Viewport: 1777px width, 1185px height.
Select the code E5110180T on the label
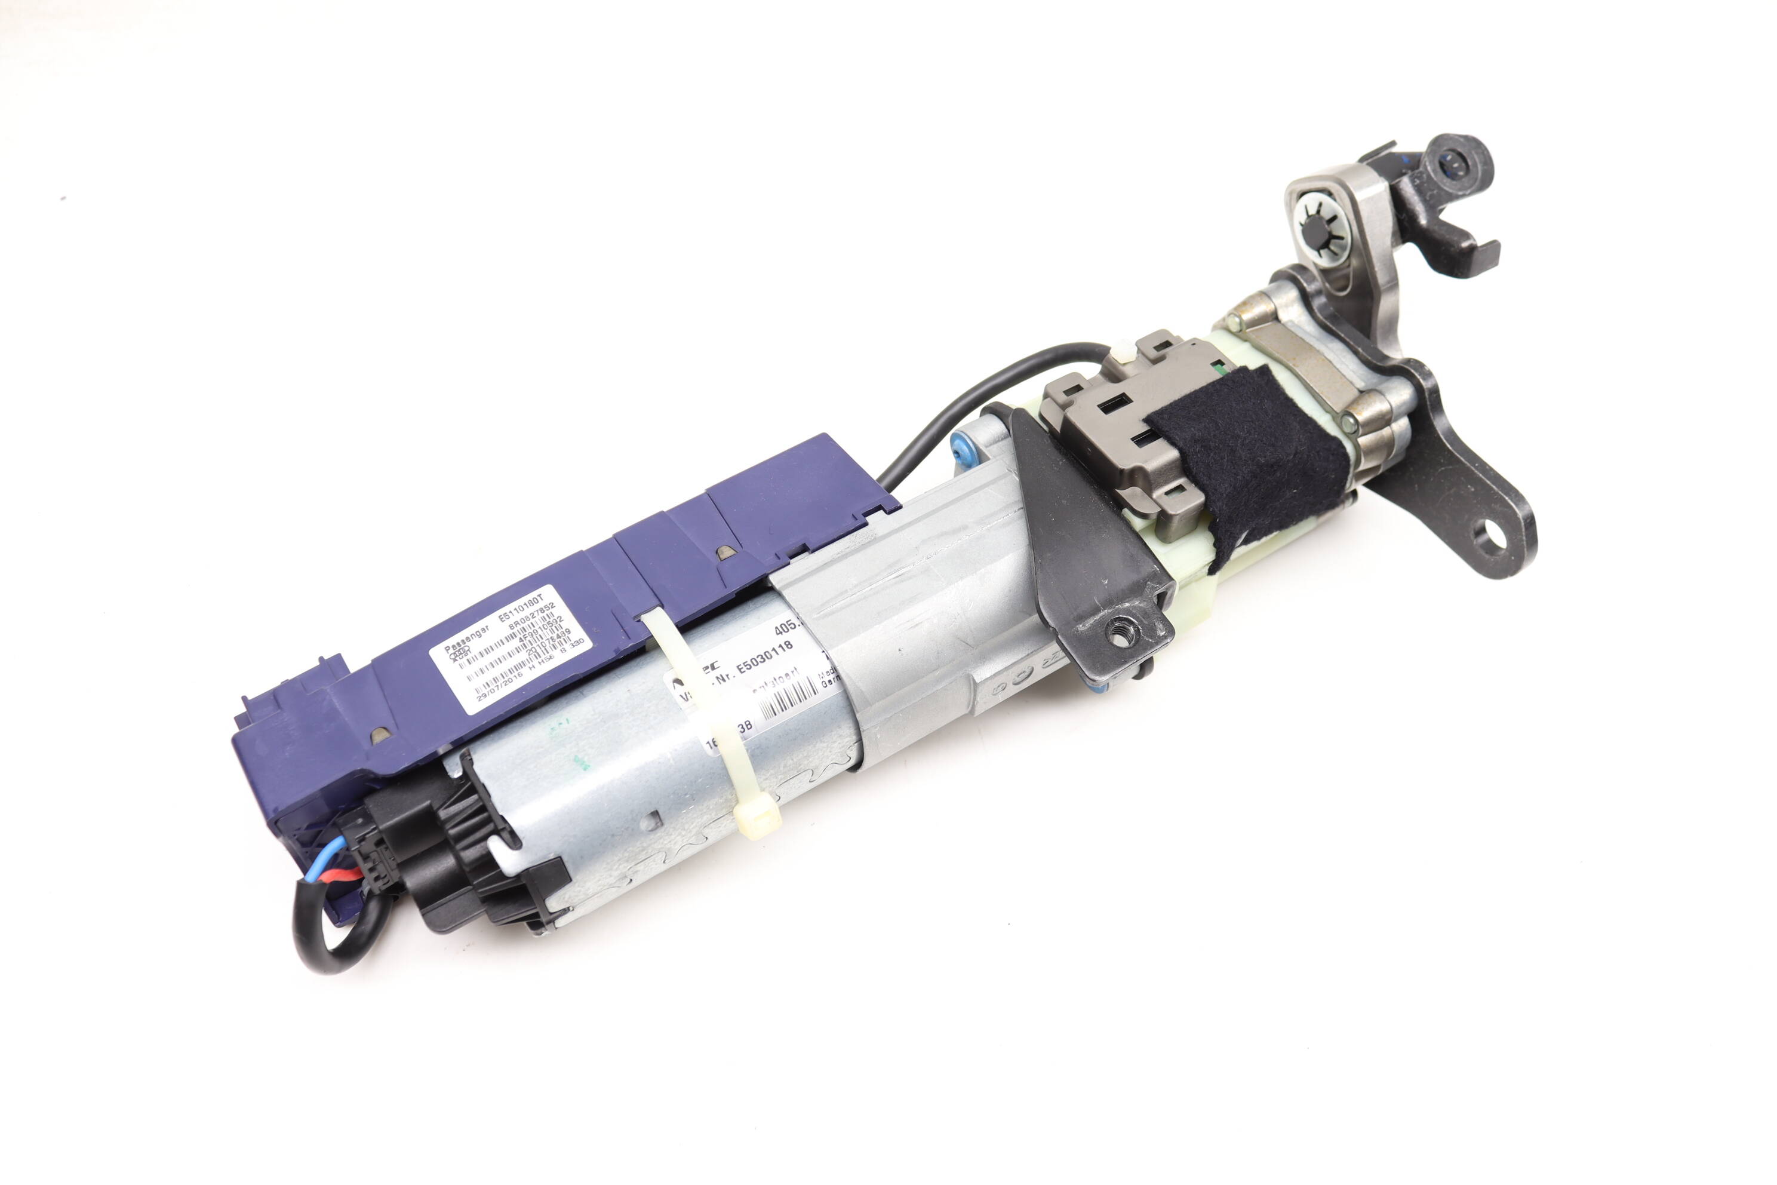(x=522, y=609)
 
